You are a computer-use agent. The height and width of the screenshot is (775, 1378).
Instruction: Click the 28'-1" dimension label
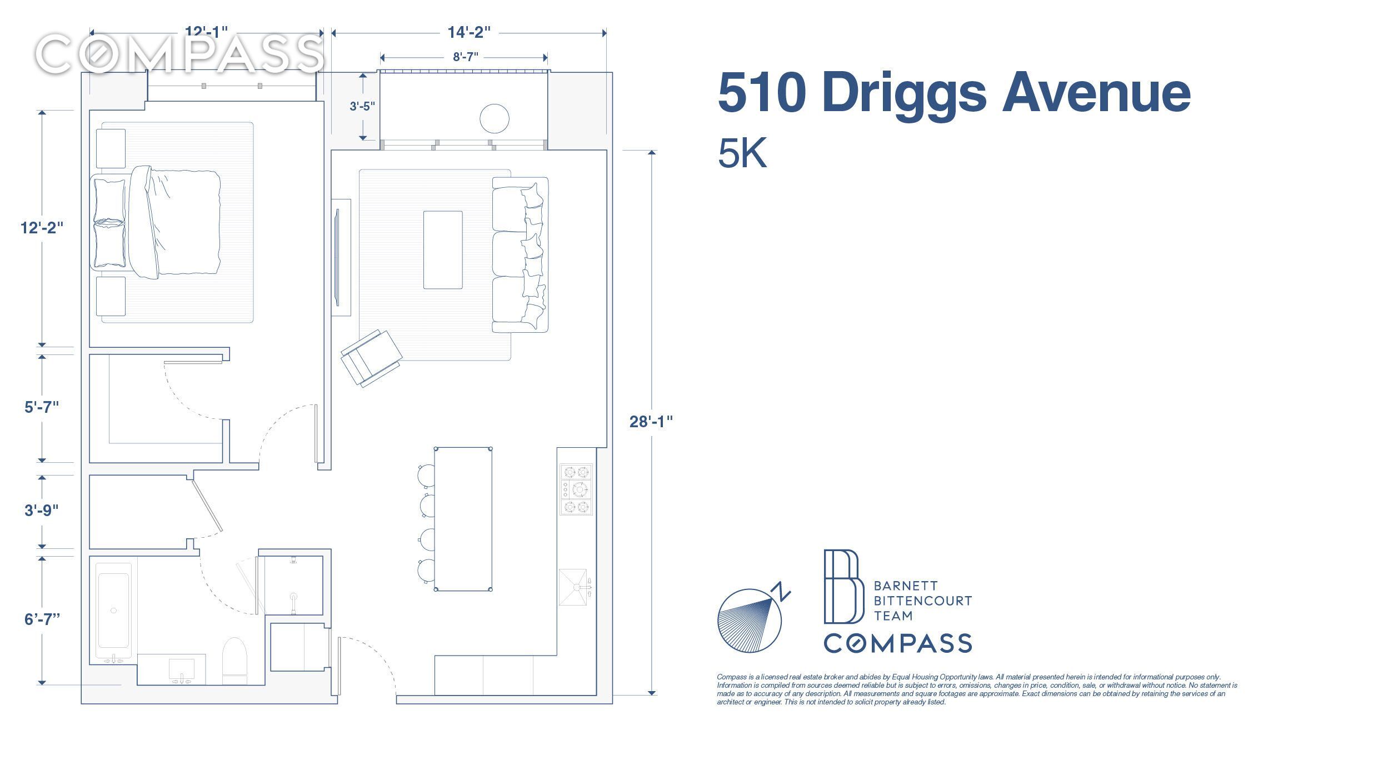click(651, 422)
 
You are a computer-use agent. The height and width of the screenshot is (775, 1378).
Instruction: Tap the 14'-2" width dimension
click(469, 32)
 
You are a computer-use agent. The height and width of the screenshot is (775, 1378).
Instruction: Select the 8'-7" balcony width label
click(465, 57)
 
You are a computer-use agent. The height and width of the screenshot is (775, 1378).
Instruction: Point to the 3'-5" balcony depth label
click(362, 106)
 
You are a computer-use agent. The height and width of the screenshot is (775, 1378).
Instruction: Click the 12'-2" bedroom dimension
click(42, 228)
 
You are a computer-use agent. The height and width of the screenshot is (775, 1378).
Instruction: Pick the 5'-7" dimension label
click(42, 407)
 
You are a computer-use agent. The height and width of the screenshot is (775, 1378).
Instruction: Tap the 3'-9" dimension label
click(42, 511)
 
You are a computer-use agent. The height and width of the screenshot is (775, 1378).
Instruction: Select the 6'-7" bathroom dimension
click(42, 619)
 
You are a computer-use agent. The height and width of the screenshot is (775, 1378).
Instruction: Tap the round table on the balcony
click(494, 118)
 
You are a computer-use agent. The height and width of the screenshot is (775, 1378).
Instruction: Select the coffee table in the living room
click(443, 250)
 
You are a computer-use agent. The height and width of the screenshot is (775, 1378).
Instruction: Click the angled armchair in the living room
click(371, 358)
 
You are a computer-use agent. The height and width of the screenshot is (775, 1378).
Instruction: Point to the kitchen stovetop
click(576, 489)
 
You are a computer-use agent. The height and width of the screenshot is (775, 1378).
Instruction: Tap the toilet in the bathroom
click(234, 661)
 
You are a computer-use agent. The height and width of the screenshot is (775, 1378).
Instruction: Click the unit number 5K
click(742, 153)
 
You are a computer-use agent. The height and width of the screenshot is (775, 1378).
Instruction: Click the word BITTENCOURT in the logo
click(923, 601)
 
